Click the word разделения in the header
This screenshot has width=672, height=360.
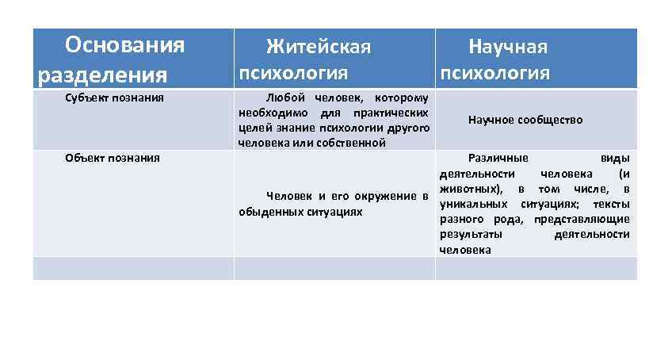pos(102,75)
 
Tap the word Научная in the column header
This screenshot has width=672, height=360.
pos(507,47)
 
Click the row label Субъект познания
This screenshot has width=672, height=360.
pos(114,98)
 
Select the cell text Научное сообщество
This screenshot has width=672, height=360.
pos(525,120)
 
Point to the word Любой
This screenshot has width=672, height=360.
pos(286,98)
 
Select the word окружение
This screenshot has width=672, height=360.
pos(387,196)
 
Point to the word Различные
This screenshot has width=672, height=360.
pos(498,158)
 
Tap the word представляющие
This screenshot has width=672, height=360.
pos(582,219)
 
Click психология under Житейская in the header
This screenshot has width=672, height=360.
pos(293,74)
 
